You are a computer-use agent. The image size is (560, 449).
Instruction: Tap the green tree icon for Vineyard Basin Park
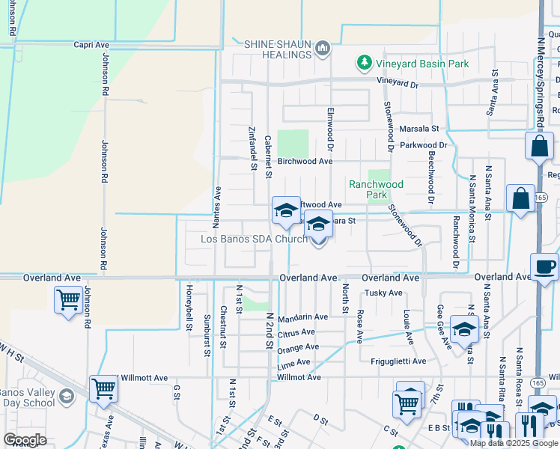tap(364, 63)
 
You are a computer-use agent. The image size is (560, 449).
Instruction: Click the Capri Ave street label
tap(92, 45)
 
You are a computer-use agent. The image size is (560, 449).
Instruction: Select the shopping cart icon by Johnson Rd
tap(68, 300)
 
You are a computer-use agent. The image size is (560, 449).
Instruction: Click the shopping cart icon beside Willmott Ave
tap(103, 388)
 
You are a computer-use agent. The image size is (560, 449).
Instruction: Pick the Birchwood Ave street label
tap(305, 161)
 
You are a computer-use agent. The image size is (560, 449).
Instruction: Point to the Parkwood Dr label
tap(423, 145)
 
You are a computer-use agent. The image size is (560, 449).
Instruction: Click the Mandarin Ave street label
tap(302, 317)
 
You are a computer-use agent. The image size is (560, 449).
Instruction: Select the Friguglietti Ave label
tap(398, 361)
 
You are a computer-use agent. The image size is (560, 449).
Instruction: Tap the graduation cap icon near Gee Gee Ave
tap(464, 328)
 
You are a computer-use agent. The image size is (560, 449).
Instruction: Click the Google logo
tap(25, 439)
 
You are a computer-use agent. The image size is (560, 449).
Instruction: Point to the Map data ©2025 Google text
tap(514, 443)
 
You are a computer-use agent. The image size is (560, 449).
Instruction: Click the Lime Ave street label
tap(293, 362)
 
